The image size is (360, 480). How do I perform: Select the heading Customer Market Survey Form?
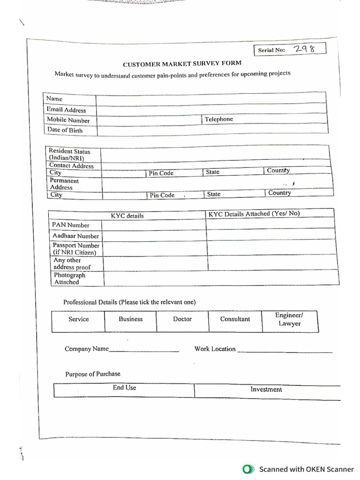tap(182, 63)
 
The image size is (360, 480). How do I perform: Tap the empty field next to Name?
tap(211, 99)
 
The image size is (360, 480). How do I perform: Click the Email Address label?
tap(66, 110)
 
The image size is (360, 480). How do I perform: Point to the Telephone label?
tap(218, 119)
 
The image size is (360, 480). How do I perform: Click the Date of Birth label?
tap(65, 130)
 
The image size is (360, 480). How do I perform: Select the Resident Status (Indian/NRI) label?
tap(69, 155)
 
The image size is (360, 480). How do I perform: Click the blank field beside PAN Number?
tap(154, 225)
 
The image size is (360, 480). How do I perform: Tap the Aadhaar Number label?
tap(75, 236)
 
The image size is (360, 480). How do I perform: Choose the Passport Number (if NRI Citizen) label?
tap(75, 249)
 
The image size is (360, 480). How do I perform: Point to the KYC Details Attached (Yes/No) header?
tap(254, 214)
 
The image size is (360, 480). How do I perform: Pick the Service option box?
tap(78, 320)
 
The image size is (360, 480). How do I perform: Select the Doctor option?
tap(182, 319)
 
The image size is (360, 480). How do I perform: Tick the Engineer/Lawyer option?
tap(289, 320)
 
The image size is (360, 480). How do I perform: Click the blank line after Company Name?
tap(144, 349)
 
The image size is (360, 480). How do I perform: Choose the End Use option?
tap(124, 388)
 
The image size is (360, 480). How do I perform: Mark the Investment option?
tap(266, 390)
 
